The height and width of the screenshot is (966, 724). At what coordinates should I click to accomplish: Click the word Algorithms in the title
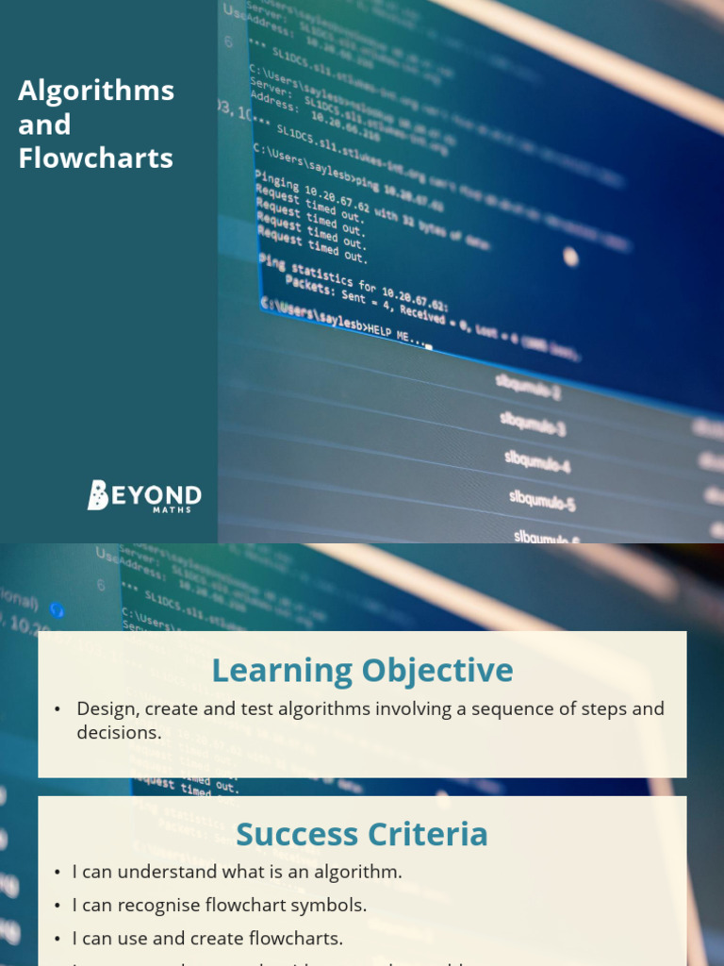coord(96,92)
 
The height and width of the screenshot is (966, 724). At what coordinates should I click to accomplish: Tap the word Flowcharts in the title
coord(96,158)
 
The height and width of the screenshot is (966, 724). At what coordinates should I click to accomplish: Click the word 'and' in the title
coord(44,125)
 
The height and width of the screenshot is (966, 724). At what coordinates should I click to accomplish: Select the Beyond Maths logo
coord(144,496)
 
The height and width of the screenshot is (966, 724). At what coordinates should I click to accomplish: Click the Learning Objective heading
coord(362,671)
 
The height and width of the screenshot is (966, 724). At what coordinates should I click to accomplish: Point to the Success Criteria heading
coord(362,834)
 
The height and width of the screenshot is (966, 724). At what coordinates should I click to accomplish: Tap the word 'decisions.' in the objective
coord(119,732)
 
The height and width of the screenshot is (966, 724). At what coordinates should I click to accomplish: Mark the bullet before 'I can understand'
coord(58,873)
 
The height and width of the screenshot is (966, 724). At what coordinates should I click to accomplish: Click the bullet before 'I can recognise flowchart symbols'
coord(58,906)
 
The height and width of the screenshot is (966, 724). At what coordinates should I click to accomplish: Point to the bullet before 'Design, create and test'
coord(58,709)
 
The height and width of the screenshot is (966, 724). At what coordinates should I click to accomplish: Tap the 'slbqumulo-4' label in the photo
coord(537,461)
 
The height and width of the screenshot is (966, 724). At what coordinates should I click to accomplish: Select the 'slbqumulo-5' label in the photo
coord(542,499)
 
